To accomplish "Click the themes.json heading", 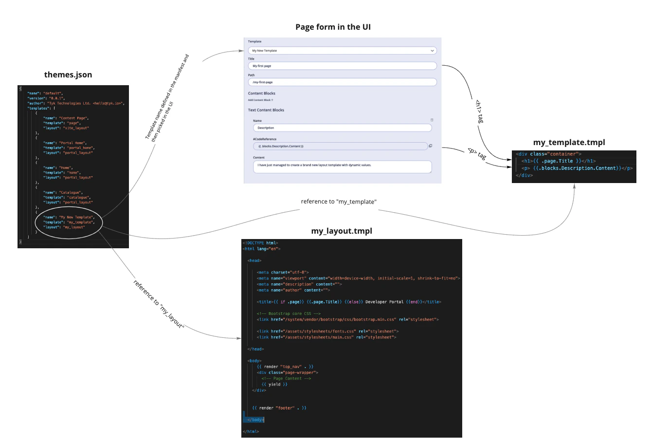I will coord(68,74).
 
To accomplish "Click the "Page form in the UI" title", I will coord(333,27).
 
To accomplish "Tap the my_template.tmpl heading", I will coord(569,142).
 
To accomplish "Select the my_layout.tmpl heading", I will coord(342,231).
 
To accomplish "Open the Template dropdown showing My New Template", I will coord(342,51).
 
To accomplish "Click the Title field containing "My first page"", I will coord(342,66).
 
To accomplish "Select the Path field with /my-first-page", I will coord(342,82).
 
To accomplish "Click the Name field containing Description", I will coord(342,128).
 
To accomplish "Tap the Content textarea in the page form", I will coord(342,166).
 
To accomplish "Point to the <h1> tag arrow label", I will coord(478,111).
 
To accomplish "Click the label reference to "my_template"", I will coord(339,202).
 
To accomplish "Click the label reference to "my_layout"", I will coord(159,304).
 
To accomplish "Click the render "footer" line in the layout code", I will coord(279,408).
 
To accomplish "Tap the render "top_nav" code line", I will coord(285,367).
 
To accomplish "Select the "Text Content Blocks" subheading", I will coord(266,110).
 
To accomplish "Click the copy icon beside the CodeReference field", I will coord(430,146).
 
